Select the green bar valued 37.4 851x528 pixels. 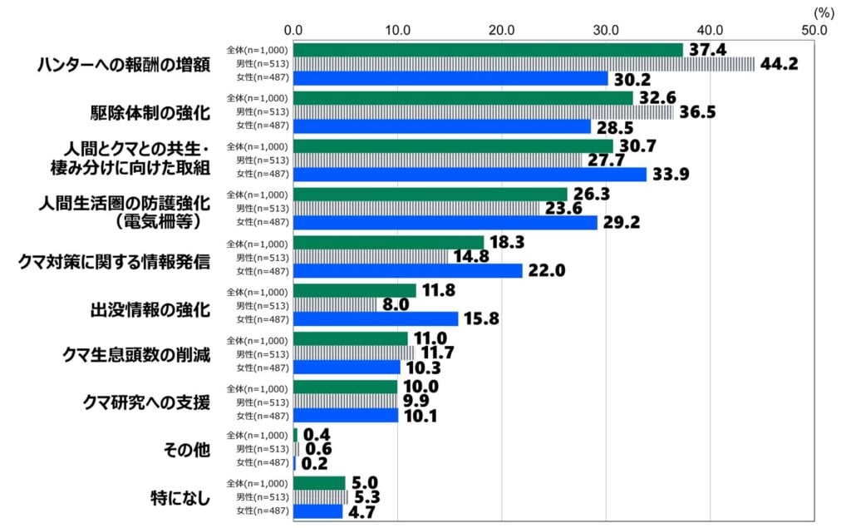click(x=488, y=50)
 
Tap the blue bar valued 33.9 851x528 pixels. click(x=470, y=175)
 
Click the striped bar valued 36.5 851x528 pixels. click(x=484, y=112)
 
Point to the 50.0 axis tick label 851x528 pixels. click(x=814, y=30)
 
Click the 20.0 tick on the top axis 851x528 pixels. click(x=501, y=30)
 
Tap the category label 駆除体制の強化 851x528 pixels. click(x=149, y=112)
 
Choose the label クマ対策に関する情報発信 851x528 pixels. click(x=114, y=262)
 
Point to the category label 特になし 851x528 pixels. click(x=180, y=498)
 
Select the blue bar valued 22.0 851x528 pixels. click(x=408, y=270)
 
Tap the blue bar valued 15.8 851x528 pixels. click(x=376, y=318)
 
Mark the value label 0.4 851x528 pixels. click(x=317, y=435)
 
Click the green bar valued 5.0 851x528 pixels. click(x=319, y=483)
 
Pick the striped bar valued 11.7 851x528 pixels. click(x=354, y=353)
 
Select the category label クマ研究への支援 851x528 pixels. click(x=146, y=402)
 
